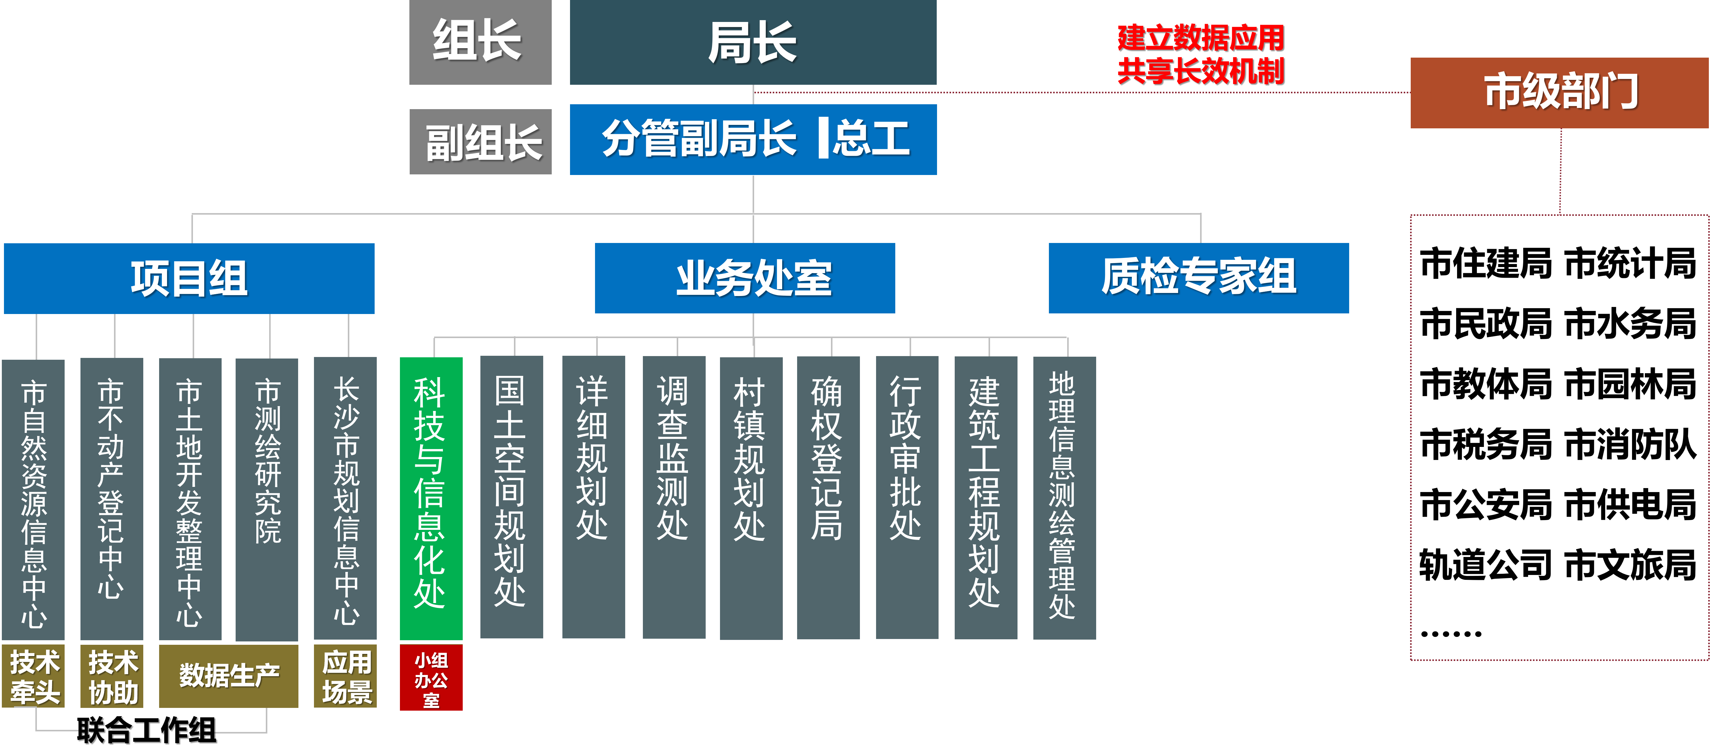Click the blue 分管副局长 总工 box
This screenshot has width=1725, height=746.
(x=753, y=139)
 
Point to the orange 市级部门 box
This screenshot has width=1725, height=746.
(x=1559, y=92)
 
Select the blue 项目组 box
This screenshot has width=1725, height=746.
(x=189, y=278)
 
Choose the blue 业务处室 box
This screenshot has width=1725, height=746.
(x=745, y=278)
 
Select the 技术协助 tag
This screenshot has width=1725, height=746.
(x=112, y=676)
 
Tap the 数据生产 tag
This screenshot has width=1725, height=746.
(x=228, y=676)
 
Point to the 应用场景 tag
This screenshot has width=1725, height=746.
(x=346, y=676)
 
